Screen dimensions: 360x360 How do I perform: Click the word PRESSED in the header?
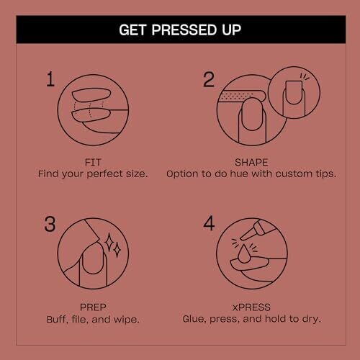click(x=184, y=30)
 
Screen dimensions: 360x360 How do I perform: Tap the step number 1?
click(x=50, y=79)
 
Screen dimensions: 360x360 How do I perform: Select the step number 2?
click(x=209, y=79)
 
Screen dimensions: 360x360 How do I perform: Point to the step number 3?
click(x=50, y=224)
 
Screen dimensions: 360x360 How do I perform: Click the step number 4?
click(x=209, y=223)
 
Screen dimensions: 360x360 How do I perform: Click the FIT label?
click(x=93, y=163)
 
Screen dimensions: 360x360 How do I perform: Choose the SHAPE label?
click(x=251, y=163)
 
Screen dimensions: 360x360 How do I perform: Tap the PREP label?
click(x=93, y=307)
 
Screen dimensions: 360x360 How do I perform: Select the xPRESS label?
click(x=251, y=307)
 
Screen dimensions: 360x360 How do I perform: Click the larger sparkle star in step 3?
click(x=109, y=242)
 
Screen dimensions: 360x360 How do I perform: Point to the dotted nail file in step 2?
click(x=242, y=96)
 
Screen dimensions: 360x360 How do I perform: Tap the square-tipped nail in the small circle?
click(x=294, y=92)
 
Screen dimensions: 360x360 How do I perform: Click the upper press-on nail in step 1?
click(x=91, y=95)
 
